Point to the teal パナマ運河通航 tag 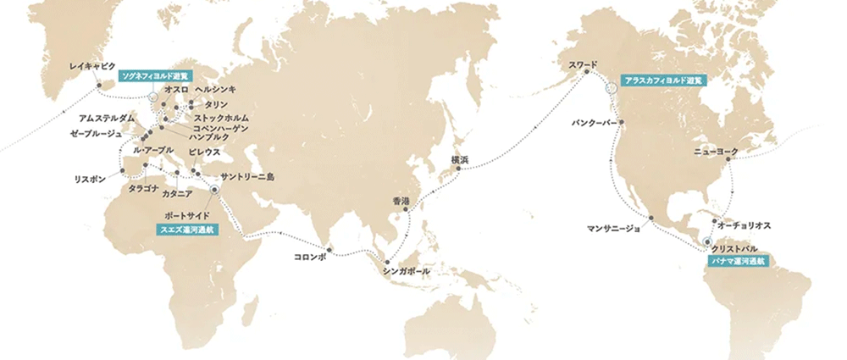pos(736,263)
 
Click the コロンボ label pos(309,255)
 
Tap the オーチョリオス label pos(743,227)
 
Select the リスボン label pos(90,180)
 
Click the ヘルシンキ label pos(215,89)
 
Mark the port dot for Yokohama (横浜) pos(458,169)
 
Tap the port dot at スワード pos(584,75)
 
